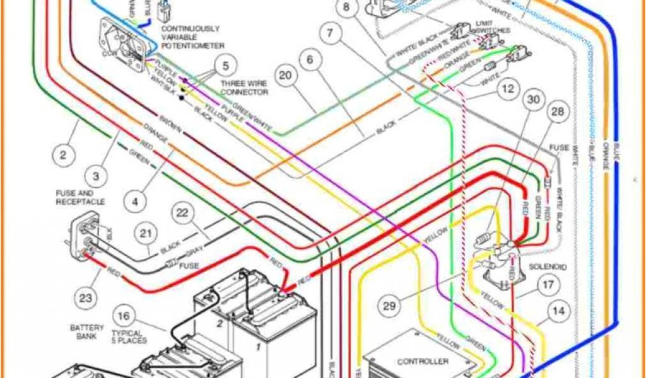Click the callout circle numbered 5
click(x=225, y=64)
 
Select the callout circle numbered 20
click(x=286, y=76)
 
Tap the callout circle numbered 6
click(x=310, y=60)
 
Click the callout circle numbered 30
click(x=534, y=100)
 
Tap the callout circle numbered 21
click(x=146, y=234)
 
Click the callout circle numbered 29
click(x=391, y=306)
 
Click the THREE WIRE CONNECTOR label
click(x=244, y=88)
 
